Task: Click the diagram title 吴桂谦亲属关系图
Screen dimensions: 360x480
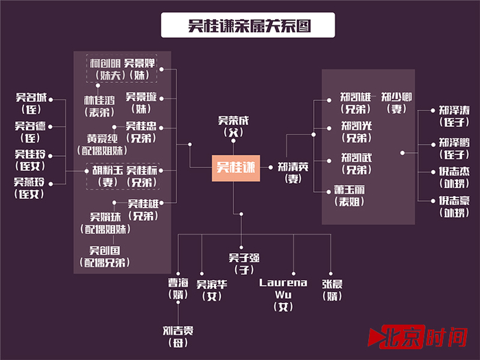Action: click(239, 25)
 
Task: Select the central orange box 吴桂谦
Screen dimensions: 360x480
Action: click(235, 167)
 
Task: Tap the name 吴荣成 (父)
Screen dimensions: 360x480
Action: click(233, 125)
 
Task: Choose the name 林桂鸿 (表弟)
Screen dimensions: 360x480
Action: click(99, 106)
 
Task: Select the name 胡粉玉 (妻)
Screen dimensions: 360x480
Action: click(106, 176)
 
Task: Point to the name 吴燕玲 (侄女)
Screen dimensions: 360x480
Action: click(30, 187)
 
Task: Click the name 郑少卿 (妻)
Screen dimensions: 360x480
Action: click(396, 102)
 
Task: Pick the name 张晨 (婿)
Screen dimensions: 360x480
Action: click(333, 288)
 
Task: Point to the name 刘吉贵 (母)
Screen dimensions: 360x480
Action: click(178, 335)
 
